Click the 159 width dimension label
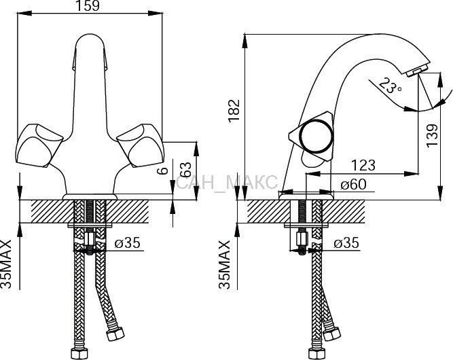click(88, 6)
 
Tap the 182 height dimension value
click(234, 111)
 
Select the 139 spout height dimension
click(432, 136)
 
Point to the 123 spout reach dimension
click(363, 165)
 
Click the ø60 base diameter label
click(353, 184)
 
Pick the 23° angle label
click(389, 86)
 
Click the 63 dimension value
click(186, 170)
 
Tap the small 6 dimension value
click(163, 170)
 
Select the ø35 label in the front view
click(128, 242)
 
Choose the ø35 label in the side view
click(346, 242)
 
